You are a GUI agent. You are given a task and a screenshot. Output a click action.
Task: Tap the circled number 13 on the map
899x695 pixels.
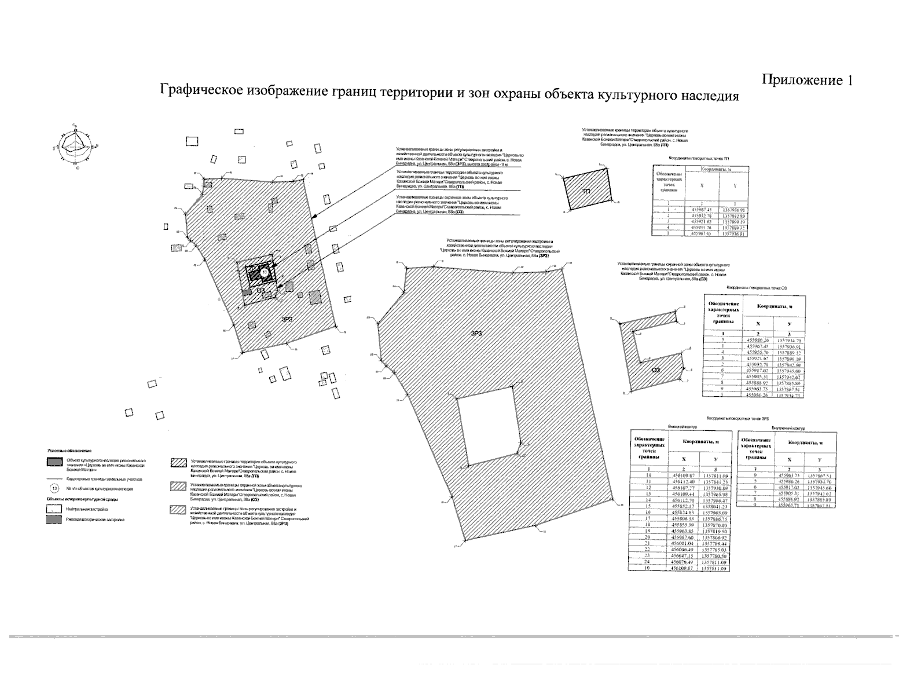265,272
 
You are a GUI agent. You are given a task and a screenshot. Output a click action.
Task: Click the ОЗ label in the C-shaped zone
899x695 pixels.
656,372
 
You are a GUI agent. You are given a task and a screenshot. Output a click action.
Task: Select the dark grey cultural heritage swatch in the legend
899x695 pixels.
55,462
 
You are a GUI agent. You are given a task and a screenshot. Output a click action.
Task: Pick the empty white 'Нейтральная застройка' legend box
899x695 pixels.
55,508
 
